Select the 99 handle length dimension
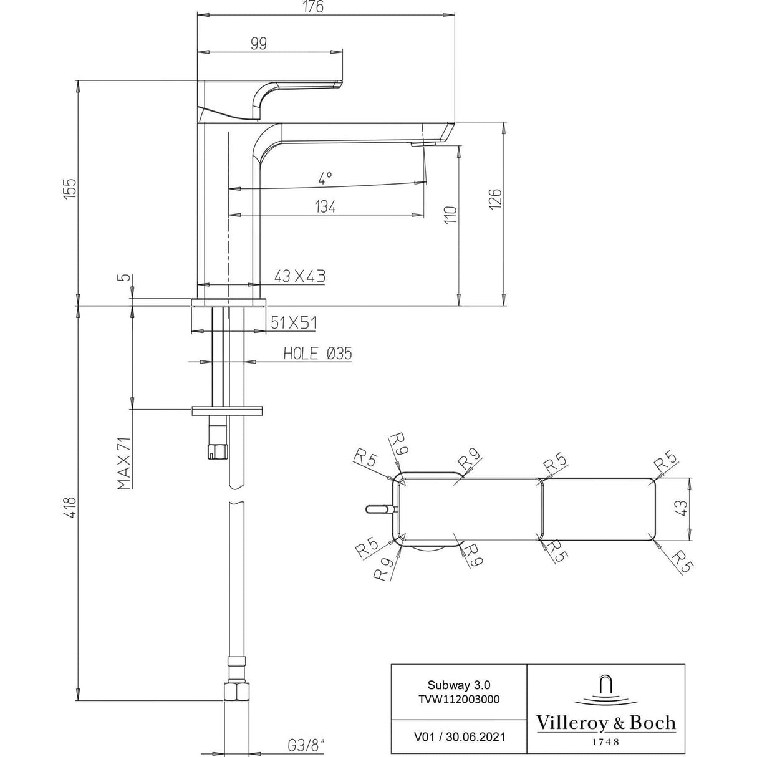[258, 43]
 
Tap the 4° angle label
[325, 180]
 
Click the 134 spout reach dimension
[325, 206]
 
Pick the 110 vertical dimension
[451, 215]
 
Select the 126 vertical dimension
[495, 198]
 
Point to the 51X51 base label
[294, 322]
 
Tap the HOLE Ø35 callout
[317, 354]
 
